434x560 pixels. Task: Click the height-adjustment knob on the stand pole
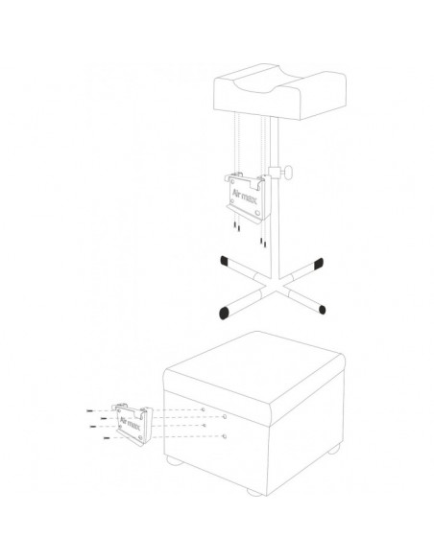tap(287, 172)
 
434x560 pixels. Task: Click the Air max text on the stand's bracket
tap(245, 197)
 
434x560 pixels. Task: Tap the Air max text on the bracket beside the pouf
tap(130, 423)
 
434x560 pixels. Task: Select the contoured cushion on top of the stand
tap(279, 91)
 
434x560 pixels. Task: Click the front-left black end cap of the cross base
tap(224, 313)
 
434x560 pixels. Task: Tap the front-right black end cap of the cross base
tap(322, 310)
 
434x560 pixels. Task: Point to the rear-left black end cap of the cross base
tap(224, 261)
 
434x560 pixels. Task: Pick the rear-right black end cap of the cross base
tap(319, 264)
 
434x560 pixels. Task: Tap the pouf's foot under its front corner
tap(254, 493)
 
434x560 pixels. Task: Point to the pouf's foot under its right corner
tap(334, 450)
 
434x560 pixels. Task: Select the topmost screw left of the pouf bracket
tap(89, 411)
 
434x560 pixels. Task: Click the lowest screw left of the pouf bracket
tap(107, 438)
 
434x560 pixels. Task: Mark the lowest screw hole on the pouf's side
tap(224, 436)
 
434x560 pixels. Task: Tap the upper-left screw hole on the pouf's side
tap(203, 409)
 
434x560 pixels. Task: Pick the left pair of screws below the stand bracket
tap(236, 227)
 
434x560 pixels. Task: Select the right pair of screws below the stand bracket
tap(263, 243)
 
